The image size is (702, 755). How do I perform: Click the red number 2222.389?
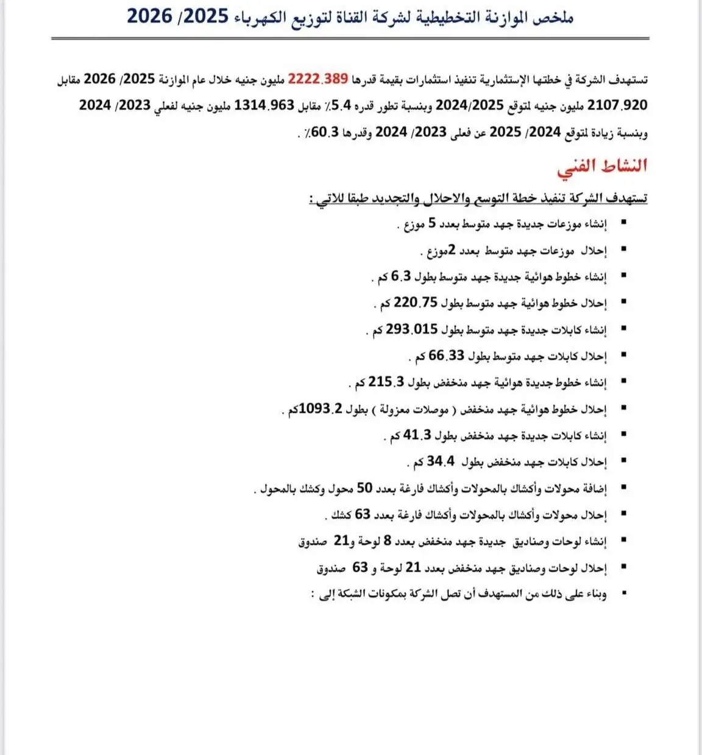[x=318, y=79]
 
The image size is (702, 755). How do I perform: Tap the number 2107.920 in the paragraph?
[x=617, y=105]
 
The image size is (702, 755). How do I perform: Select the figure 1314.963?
[x=264, y=105]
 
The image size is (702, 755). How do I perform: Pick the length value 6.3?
[x=401, y=276]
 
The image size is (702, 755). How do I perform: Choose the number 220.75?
[x=416, y=303]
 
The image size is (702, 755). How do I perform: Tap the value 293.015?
[x=412, y=329]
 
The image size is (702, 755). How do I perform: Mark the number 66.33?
[x=447, y=356]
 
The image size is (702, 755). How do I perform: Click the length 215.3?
[x=386, y=382]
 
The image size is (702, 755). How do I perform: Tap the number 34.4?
[x=440, y=462]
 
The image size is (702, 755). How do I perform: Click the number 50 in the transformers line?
[x=364, y=488]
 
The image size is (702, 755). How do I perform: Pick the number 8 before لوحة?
[x=388, y=541]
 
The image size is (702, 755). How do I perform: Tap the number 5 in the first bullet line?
[x=432, y=223]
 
